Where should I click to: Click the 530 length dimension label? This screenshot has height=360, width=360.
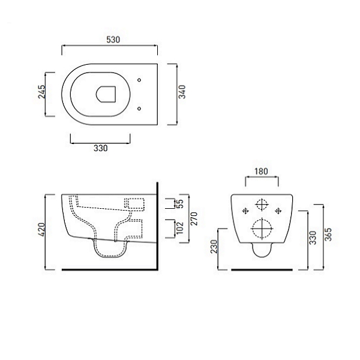(x=113, y=40)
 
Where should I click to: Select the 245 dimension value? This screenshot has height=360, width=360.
(x=42, y=92)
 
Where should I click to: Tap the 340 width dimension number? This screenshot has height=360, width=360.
(x=182, y=92)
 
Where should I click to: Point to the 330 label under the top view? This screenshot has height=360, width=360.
(x=101, y=148)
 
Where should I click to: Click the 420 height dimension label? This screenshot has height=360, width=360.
(x=42, y=230)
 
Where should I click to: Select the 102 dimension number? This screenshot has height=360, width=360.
(x=180, y=228)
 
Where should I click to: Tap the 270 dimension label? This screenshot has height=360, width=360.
(x=194, y=218)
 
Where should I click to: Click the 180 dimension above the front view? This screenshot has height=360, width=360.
(x=261, y=171)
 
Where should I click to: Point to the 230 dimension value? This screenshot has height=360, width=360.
(x=214, y=247)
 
